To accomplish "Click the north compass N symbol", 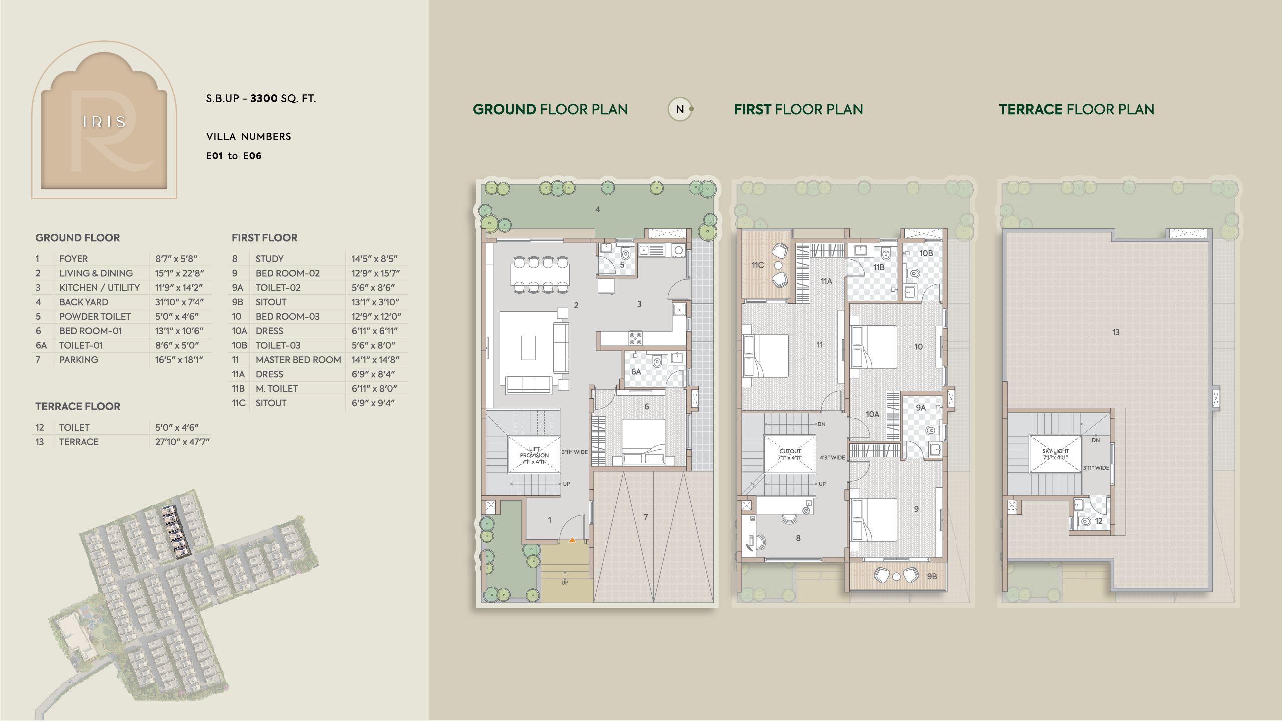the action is (x=680, y=109).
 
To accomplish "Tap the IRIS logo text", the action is (x=104, y=122).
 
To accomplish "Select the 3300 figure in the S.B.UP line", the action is (x=264, y=98).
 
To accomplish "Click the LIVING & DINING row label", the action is (x=96, y=273).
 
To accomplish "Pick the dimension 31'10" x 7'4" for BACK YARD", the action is (x=179, y=302).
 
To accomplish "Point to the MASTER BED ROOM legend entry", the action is (x=298, y=360).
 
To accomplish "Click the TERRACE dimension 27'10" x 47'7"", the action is (x=182, y=442).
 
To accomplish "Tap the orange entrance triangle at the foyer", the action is (x=572, y=540).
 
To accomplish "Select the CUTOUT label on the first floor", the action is (x=790, y=451).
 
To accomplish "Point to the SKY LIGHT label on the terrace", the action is (x=1055, y=451).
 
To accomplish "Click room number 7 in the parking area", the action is (x=646, y=517).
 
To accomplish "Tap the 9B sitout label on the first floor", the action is (x=932, y=576).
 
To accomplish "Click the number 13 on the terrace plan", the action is (x=1116, y=332).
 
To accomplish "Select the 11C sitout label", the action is (x=758, y=265).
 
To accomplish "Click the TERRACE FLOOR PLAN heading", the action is (x=1077, y=109).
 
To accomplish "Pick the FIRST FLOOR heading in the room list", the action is (x=265, y=238).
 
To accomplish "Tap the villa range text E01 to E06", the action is (x=234, y=156).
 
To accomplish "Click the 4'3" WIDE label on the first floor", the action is (x=832, y=458).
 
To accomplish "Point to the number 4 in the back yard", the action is (x=597, y=209).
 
